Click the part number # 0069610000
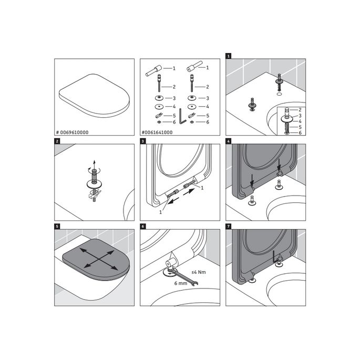tap(73, 132)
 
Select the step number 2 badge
tap(57, 141)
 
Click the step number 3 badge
tap(143, 141)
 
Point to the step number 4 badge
tap(229, 141)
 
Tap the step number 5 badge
tap(57, 227)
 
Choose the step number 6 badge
tap(143, 227)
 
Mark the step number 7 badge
tap(229, 227)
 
